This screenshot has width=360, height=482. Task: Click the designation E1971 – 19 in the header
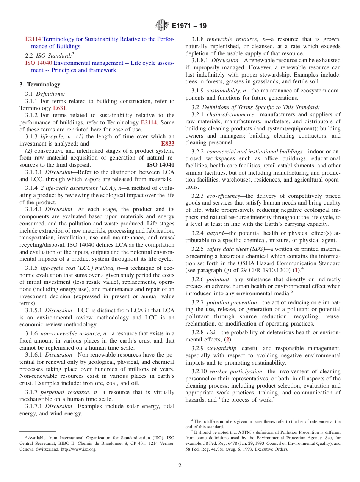189,26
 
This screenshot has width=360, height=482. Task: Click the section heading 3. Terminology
40,85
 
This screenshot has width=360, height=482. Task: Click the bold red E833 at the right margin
167,144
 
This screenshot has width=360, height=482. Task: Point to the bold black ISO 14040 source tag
160,165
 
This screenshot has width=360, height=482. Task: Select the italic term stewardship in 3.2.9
220,348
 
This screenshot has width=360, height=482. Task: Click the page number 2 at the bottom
180,466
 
